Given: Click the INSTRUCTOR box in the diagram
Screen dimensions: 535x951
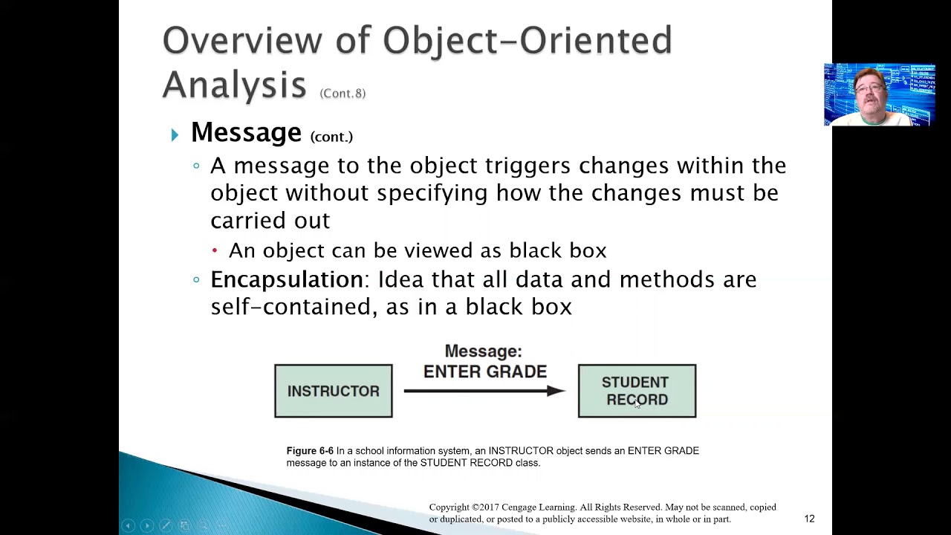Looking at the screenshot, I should [333, 391].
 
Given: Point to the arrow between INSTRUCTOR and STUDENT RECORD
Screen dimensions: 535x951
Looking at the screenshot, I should [484, 391].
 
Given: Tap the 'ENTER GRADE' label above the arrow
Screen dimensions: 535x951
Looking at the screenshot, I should [484, 372].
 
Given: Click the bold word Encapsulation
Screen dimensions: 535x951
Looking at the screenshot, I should [286, 279].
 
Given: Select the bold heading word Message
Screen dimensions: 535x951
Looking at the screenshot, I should [246, 132].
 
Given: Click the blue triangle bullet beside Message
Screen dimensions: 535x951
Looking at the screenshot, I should [175, 134].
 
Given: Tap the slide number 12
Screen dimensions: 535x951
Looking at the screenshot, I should [809, 519].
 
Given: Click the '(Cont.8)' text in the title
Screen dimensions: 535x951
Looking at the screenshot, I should [343, 93].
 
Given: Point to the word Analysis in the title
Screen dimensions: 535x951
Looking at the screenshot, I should [234, 83].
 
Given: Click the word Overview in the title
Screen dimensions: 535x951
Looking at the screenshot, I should [242, 40].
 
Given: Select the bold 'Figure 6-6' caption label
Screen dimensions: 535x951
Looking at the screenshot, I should [310, 451].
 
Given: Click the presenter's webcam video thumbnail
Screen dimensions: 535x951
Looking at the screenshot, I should [879, 94].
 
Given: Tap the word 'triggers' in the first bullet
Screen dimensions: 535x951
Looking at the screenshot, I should [528, 166].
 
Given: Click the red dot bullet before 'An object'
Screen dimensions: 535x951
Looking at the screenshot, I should [215, 251].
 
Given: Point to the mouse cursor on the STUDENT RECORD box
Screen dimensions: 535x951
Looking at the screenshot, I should [637, 404].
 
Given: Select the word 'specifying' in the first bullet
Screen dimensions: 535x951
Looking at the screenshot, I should [432, 193].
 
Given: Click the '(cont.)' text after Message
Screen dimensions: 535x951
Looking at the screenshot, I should [331, 137].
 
